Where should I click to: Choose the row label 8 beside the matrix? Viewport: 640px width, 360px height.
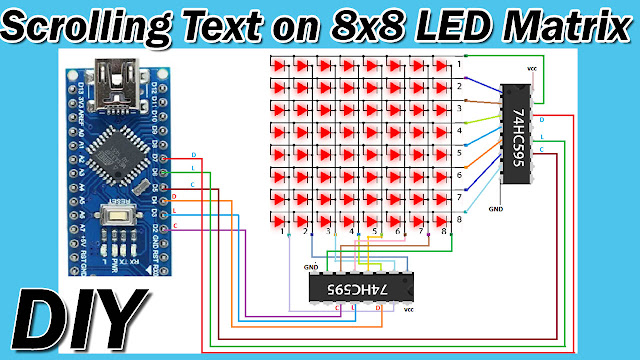click(459, 219)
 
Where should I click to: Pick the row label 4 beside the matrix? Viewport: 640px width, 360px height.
click(459, 131)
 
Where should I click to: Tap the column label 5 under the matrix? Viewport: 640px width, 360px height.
click(375, 233)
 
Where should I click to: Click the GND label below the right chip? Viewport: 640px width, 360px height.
click(495, 211)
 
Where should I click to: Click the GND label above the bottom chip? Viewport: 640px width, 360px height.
click(311, 267)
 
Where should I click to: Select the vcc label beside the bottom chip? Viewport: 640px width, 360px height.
click(408, 310)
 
